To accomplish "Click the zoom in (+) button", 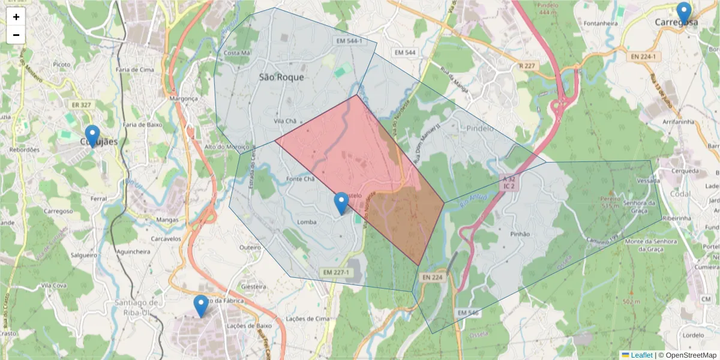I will coord(16,17).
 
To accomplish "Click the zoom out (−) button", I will coord(16,35).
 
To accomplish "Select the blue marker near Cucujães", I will coord(92,136).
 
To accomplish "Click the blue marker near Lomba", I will coord(341,203).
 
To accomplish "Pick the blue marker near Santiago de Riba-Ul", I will coord(201,306).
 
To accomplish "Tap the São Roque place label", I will coord(281,77).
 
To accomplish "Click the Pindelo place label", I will coord(479,128).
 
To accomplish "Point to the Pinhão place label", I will coord(520,234).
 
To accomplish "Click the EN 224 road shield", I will coord(431,277).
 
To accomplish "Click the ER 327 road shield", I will coord(82,104).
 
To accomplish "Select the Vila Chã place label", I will coord(286,121).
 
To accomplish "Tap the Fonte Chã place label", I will coord(301,179).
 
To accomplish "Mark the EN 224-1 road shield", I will coord(644,56).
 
